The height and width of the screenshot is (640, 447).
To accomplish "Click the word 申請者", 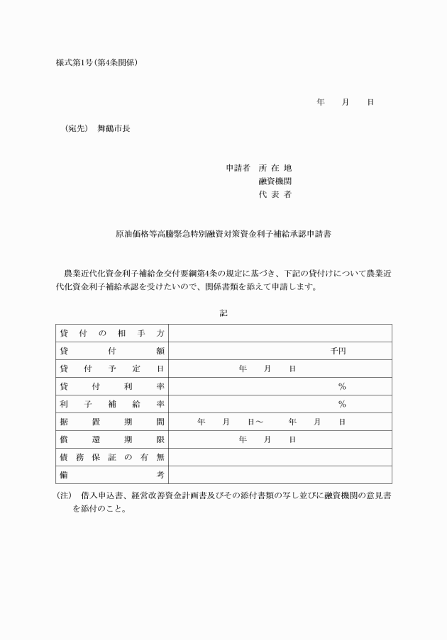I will pyautogui.click(x=238, y=168).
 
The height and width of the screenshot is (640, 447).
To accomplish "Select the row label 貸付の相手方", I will pyautogui.click(x=112, y=333).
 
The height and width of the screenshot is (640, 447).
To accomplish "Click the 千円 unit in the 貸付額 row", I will pyautogui.click(x=338, y=351).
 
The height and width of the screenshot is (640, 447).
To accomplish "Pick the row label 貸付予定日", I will pyautogui.click(x=112, y=369).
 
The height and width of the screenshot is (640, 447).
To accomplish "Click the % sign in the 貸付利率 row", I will pyautogui.click(x=341, y=386).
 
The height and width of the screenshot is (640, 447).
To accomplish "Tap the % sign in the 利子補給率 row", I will pyautogui.click(x=341, y=404).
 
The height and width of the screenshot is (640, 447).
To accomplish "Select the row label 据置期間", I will pyautogui.click(x=112, y=422).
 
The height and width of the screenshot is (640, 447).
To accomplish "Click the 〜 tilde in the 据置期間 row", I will pyautogui.click(x=260, y=422).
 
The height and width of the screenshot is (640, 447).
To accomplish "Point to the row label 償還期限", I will pyautogui.click(x=112, y=439).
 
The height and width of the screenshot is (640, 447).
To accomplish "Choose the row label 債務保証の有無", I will pyautogui.click(x=112, y=457).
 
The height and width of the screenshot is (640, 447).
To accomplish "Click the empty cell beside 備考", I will pyautogui.click(x=280, y=475).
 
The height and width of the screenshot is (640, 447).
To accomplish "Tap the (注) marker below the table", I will pyautogui.click(x=64, y=496).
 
